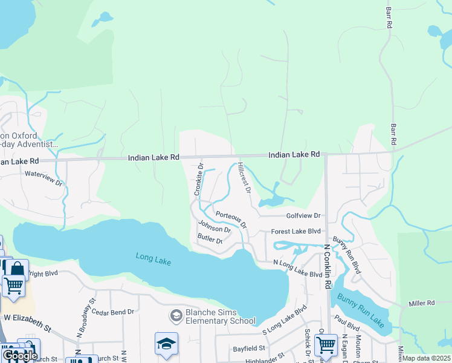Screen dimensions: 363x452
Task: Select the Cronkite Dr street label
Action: coord(198,178)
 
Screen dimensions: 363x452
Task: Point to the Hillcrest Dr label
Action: coord(244,177)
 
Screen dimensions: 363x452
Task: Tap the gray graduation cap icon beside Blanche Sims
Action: coord(176,315)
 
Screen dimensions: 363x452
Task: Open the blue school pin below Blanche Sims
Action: coord(167,343)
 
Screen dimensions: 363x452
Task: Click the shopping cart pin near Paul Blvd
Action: coord(326,344)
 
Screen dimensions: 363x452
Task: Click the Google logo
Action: coord(19,356)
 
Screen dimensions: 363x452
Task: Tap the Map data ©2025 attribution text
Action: coord(426,358)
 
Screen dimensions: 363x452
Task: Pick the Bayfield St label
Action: coord(250,348)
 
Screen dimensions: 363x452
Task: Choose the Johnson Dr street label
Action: coord(215,229)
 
